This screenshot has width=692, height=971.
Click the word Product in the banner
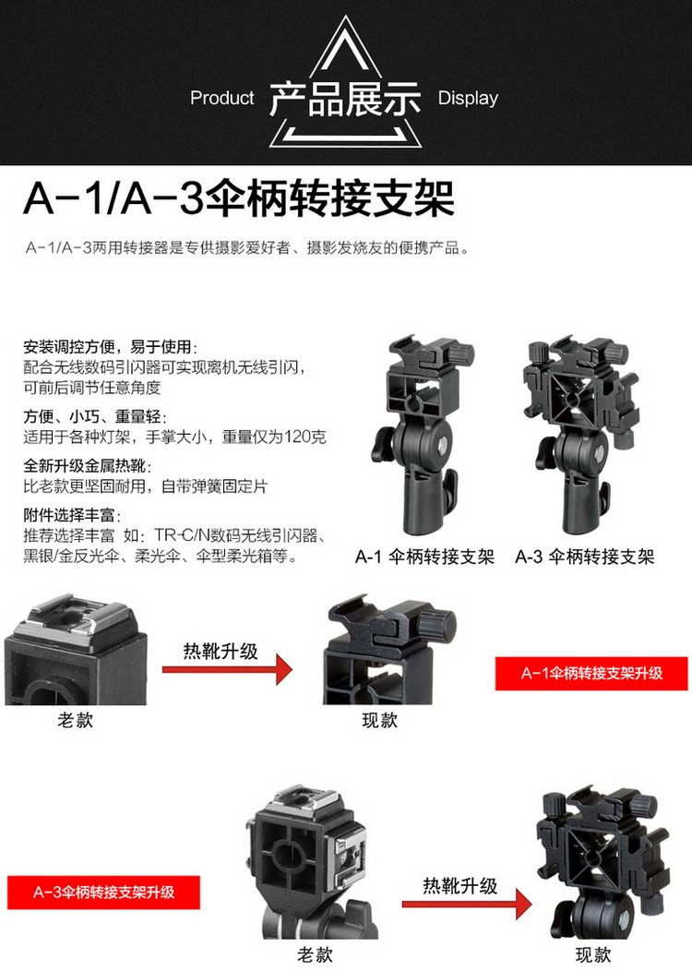pos(221,98)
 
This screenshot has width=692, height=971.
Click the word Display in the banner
pos(468,98)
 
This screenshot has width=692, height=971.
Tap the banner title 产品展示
pos(345,99)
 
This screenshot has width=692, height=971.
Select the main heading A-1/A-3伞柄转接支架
pos(239,198)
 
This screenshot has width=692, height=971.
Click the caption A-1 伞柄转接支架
pos(424,557)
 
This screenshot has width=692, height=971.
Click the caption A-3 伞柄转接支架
pos(584,557)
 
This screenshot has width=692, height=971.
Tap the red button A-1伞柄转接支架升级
pos(591,673)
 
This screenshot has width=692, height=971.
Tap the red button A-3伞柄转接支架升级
pos(103,893)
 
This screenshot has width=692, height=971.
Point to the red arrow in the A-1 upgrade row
pos(227,669)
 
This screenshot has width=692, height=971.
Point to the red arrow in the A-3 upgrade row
pos(467,905)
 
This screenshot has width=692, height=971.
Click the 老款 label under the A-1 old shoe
pos(75,720)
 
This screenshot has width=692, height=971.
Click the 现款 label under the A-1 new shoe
pos(379,720)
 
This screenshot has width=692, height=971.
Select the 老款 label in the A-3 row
pos(315,954)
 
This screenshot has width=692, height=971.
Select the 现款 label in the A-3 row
pos(593,954)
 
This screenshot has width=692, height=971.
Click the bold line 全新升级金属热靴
pos(88,466)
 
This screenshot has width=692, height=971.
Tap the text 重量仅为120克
pos(274,437)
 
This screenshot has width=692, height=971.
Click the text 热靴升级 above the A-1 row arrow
pos(221,652)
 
